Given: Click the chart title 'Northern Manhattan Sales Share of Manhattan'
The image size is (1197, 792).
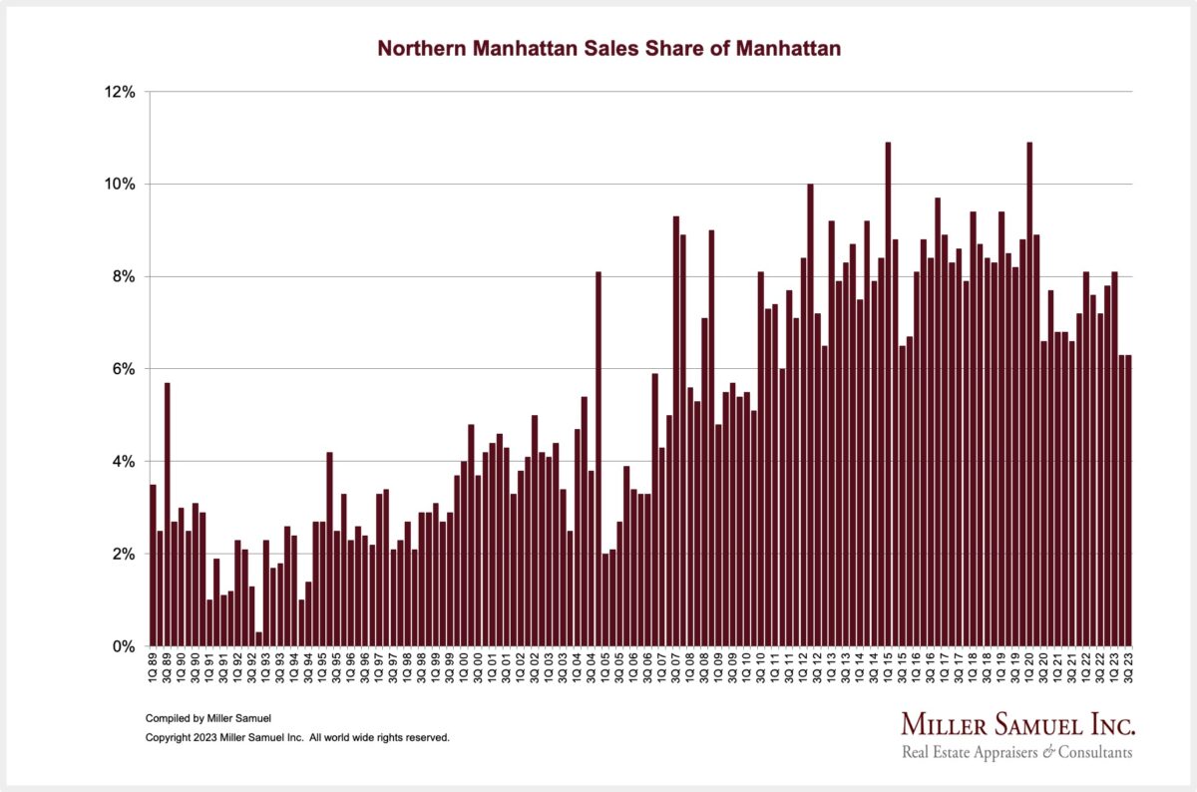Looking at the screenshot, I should coord(608,48).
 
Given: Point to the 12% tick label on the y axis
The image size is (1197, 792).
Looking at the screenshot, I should coord(119,92).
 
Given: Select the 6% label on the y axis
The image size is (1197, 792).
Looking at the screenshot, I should coord(123,369).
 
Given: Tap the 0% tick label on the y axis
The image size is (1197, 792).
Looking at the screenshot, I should coord(123,646).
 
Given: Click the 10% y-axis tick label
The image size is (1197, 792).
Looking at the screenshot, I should coord(119,185).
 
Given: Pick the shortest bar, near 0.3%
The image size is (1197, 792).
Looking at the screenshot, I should coord(259,639).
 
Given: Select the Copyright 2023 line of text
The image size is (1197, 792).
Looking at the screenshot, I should coord(297,738).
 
